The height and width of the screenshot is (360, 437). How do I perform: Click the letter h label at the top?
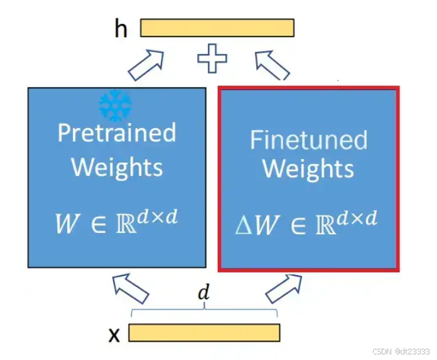tap(120, 29)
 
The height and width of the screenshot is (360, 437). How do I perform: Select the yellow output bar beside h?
tap(217, 28)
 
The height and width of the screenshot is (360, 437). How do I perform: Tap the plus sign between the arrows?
tap(212, 60)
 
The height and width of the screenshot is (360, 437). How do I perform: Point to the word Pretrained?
tap(117, 133)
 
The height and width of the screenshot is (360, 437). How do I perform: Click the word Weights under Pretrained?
tap(117, 168)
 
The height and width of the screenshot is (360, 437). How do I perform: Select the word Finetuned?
tap(308, 139)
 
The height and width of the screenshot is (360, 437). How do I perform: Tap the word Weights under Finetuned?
tap(308, 169)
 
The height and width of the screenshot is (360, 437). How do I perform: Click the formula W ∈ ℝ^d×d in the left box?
tap(117, 223)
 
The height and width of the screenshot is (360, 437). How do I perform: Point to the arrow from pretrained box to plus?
tap(146, 63)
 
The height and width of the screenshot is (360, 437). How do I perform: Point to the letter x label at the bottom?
tap(114, 335)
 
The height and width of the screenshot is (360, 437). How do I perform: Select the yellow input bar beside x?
tap(204, 332)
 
